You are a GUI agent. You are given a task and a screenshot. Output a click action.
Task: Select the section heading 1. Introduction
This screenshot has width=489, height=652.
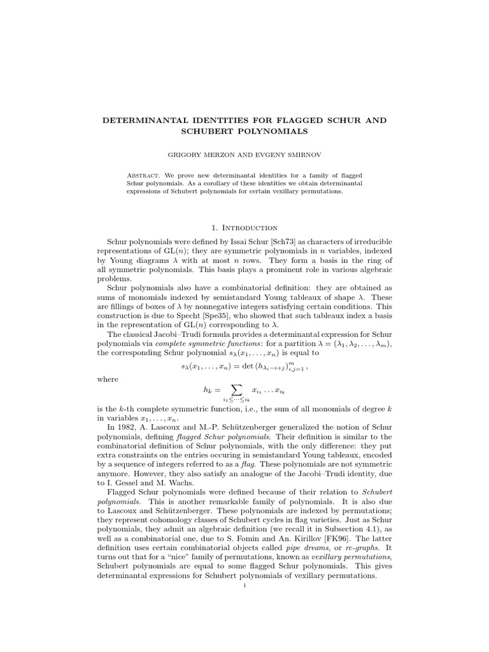(244, 227)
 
